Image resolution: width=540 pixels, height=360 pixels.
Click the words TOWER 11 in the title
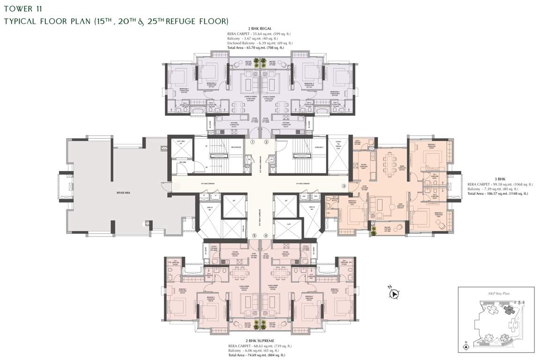pos(19,8)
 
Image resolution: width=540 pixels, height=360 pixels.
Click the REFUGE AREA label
pos(113,193)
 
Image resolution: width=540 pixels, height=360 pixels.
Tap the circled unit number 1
pos(252,142)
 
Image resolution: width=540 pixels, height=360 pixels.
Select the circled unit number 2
pos(266,142)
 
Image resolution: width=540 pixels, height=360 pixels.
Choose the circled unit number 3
pos(344,186)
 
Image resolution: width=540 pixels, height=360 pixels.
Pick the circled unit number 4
pos(266,236)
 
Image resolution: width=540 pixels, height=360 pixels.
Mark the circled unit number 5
pos(254,236)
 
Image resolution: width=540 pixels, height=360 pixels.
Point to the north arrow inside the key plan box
pos(466,346)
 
